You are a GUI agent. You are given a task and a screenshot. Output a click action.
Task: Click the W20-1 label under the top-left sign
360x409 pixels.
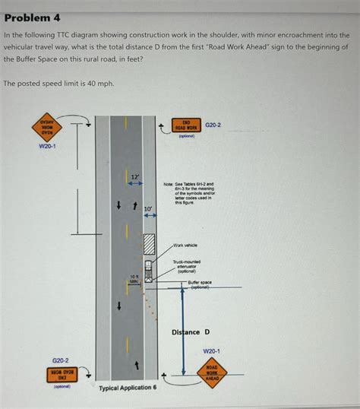click(x=47, y=145)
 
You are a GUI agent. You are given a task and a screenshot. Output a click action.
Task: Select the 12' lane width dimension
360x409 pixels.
click(x=135, y=177)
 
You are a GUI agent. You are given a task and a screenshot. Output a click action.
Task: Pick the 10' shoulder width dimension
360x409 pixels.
click(x=148, y=208)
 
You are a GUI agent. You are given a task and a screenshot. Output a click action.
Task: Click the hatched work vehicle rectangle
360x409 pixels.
click(x=150, y=244)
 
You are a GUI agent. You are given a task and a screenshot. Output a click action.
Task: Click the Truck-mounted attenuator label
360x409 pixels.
click(x=185, y=266)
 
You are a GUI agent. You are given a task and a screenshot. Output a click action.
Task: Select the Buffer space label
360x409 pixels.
click(x=200, y=284)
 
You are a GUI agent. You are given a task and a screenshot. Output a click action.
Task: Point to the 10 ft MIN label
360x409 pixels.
click(x=133, y=279)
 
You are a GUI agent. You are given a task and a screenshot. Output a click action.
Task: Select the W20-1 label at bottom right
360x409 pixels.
click(x=211, y=351)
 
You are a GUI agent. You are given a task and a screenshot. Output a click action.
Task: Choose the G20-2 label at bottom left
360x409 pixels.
click(x=60, y=360)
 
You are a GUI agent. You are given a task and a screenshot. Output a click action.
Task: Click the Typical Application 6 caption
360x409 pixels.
click(x=128, y=388)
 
